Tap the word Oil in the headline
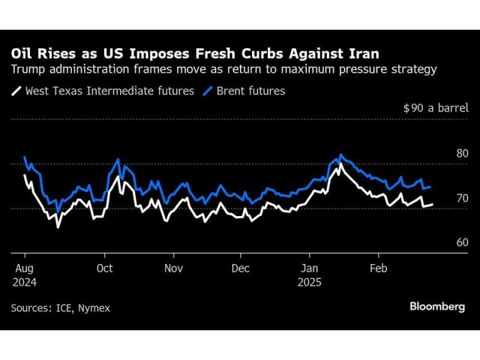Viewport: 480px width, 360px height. pos(22,54)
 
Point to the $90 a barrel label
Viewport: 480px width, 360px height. pos(436,108)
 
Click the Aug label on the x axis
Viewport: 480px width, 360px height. pos(23,268)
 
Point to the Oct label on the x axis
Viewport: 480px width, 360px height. pos(105,268)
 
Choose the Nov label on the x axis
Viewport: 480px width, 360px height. pos(173,268)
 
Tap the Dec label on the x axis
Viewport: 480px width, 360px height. pos(240,268)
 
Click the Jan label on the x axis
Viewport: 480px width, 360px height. pos(309,268)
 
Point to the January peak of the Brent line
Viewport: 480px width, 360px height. pos(341,155)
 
